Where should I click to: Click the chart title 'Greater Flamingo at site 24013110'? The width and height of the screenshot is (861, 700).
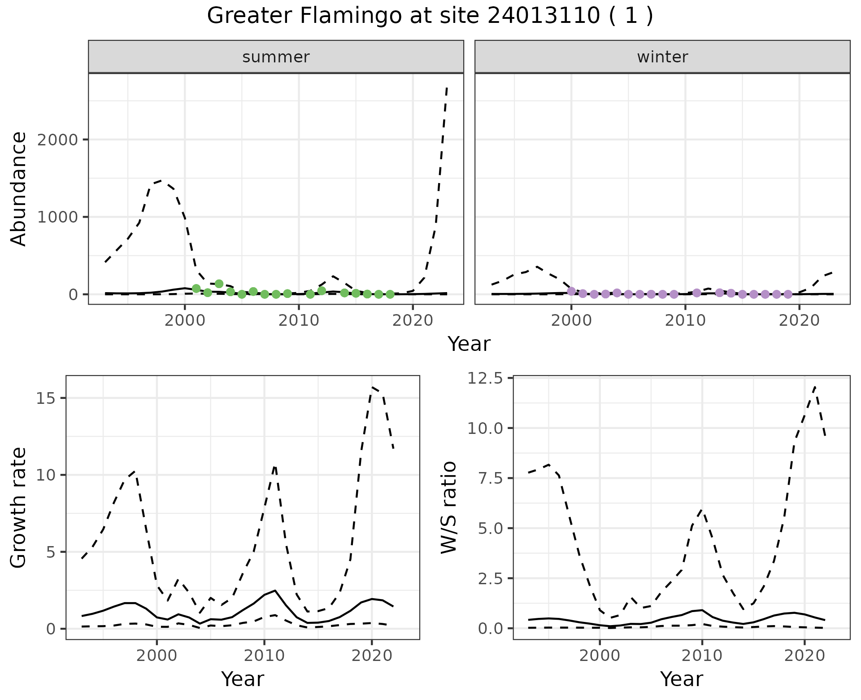pos(430,16)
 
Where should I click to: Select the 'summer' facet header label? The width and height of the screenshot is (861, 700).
pos(276,57)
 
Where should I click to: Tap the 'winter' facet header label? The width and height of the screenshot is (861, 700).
pos(662,57)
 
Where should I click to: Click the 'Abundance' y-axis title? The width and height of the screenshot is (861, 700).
pos(19,189)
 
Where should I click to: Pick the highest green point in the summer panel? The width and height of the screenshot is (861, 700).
pos(219,284)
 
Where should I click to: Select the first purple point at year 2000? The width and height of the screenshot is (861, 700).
pos(571,291)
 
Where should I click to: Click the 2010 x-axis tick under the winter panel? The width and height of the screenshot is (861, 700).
pos(685,320)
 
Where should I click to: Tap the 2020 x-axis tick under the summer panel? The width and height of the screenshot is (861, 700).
pos(413,320)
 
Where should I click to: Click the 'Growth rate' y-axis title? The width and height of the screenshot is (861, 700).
pos(19,507)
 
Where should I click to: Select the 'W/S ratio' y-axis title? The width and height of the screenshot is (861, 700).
pos(449,507)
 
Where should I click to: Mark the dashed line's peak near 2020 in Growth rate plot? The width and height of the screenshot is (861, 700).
pos(372,387)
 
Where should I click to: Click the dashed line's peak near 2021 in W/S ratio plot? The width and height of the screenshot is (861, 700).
pos(815,386)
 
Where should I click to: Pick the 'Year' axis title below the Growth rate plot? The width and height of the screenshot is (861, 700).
pos(243,679)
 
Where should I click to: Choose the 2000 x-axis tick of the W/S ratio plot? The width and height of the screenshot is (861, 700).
pos(600,655)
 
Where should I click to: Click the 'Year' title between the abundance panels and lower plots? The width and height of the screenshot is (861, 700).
pos(469,344)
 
